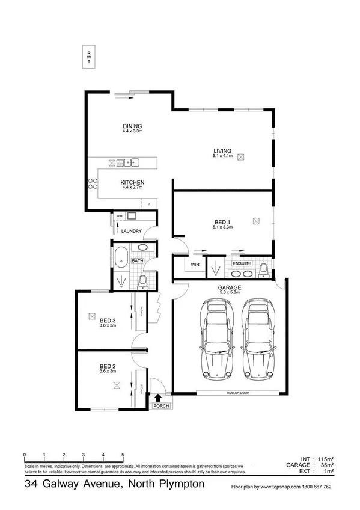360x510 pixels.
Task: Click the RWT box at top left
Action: point(89,57)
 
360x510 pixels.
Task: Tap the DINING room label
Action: point(132,126)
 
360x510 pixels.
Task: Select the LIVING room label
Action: point(222,151)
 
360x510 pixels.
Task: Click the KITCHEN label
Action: point(132,183)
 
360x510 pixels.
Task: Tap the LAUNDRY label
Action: point(131,231)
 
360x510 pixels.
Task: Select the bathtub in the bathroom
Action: point(121,256)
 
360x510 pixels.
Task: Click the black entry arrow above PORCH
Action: point(159,397)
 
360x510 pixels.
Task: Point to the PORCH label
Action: point(160,406)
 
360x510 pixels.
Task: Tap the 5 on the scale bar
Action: point(123,455)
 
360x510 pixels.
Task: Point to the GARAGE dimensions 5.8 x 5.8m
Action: point(230,294)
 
